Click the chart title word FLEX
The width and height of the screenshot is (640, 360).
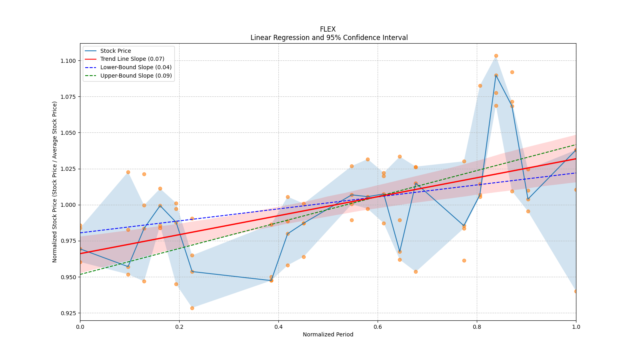328,29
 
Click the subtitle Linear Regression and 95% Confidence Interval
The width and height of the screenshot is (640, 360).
329,38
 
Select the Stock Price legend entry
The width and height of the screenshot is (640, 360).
116,51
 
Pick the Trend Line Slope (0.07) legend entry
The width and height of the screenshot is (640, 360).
132,59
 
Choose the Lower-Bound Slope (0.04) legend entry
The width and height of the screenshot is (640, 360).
136,67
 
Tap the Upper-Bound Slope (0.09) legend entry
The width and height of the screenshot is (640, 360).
136,76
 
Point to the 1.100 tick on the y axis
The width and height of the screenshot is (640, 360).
68,61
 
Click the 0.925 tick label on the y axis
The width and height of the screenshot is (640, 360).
68,313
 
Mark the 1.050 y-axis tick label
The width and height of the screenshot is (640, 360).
68,133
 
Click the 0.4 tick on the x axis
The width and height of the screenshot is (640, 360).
278,327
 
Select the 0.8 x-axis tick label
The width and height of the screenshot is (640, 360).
477,327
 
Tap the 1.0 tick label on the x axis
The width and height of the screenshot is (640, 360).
576,327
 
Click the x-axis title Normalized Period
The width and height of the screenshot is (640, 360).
328,334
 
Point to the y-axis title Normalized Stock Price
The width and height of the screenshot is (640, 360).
55,182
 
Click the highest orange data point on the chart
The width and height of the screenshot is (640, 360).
496,56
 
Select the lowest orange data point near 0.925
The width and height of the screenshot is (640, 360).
192,308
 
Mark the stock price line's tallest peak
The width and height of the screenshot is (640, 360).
496,75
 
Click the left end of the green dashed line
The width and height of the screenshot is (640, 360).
80,274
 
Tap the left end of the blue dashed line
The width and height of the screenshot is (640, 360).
80,233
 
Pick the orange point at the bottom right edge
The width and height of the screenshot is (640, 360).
576,291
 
